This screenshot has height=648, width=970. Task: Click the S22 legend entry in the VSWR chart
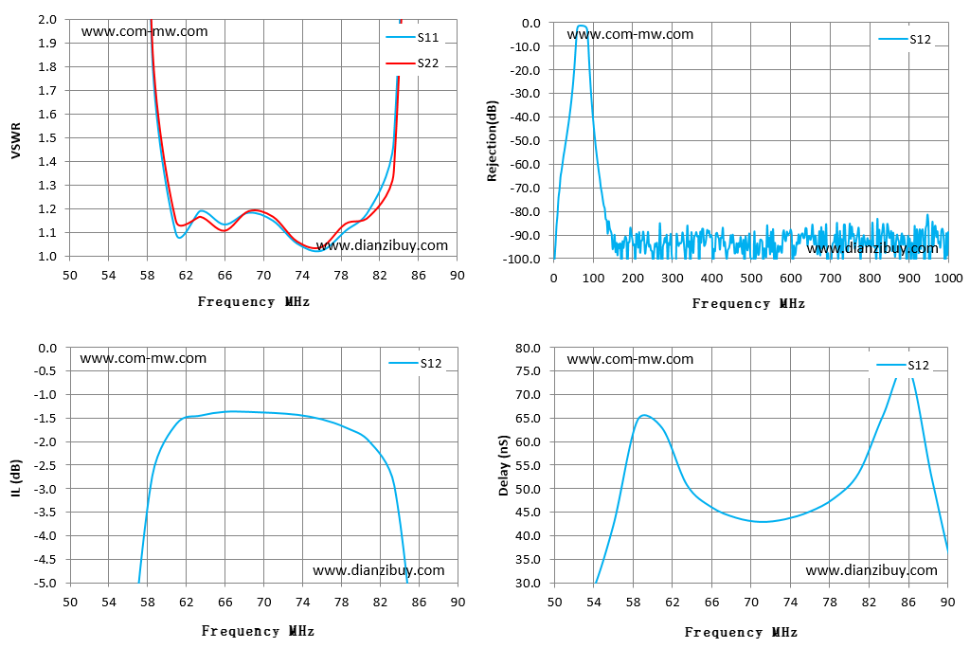pyautogui.click(x=412, y=63)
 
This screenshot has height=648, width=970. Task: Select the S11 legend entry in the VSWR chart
pyautogui.click(x=412, y=37)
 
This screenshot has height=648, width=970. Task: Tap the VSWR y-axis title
pyautogui.click(x=16, y=140)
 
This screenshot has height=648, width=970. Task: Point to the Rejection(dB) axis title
pyautogui.click(x=493, y=140)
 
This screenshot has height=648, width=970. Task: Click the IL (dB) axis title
pyautogui.click(x=16, y=477)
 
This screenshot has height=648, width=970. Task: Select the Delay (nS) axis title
pyautogui.click(x=504, y=465)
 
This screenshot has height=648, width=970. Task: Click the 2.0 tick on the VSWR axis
pyautogui.click(x=47, y=19)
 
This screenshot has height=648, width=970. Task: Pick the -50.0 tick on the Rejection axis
pyautogui.click(x=525, y=140)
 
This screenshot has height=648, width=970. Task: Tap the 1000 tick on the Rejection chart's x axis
pyautogui.click(x=947, y=278)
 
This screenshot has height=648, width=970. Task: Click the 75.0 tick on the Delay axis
pyautogui.click(x=528, y=370)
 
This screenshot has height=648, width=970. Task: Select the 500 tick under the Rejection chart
pyautogui.click(x=751, y=278)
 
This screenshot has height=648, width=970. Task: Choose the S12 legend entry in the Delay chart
pyautogui.click(x=903, y=365)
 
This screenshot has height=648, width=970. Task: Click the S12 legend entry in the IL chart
pyautogui.click(x=415, y=363)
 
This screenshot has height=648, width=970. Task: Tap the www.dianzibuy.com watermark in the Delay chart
pyautogui.click(x=871, y=570)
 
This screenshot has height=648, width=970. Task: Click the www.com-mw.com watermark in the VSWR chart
pyautogui.click(x=144, y=31)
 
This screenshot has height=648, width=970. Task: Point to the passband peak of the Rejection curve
pyautogui.click(x=582, y=26)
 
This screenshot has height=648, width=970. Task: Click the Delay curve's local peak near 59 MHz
pyautogui.click(x=644, y=415)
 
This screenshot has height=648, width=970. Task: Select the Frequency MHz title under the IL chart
pyautogui.click(x=258, y=631)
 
